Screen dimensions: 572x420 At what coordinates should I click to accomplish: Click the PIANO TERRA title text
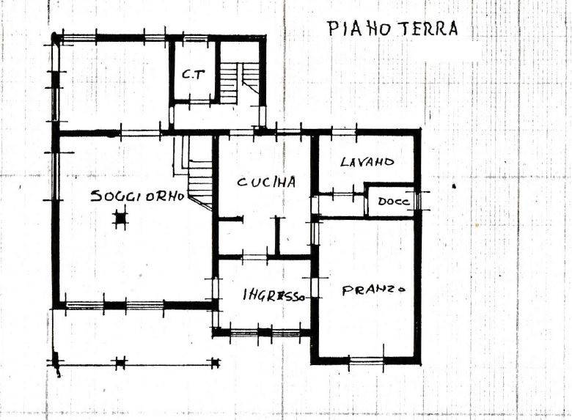[392, 29]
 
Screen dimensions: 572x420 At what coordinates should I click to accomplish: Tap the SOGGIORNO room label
[138, 196]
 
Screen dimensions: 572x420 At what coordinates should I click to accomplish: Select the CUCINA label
[266, 182]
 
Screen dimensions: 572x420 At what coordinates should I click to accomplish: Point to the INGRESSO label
[274, 295]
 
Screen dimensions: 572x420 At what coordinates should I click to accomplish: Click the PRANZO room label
[373, 290]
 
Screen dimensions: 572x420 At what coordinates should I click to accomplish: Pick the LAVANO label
[367, 161]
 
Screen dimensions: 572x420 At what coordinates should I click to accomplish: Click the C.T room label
[194, 75]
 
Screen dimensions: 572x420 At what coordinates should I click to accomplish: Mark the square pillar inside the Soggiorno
[120, 218]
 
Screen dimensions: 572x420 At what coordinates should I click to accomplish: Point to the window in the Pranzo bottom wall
[366, 361]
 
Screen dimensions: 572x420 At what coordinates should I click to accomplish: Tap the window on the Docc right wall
[419, 201]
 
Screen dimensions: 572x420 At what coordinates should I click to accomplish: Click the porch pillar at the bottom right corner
[216, 362]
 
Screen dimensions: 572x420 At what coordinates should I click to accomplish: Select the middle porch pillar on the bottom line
[120, 362]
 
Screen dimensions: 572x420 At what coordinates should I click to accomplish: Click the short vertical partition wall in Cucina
[277, 236]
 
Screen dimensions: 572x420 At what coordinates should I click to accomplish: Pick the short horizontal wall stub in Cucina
[230, 219]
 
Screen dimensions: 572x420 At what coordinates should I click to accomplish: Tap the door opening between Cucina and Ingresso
[255, 257]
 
